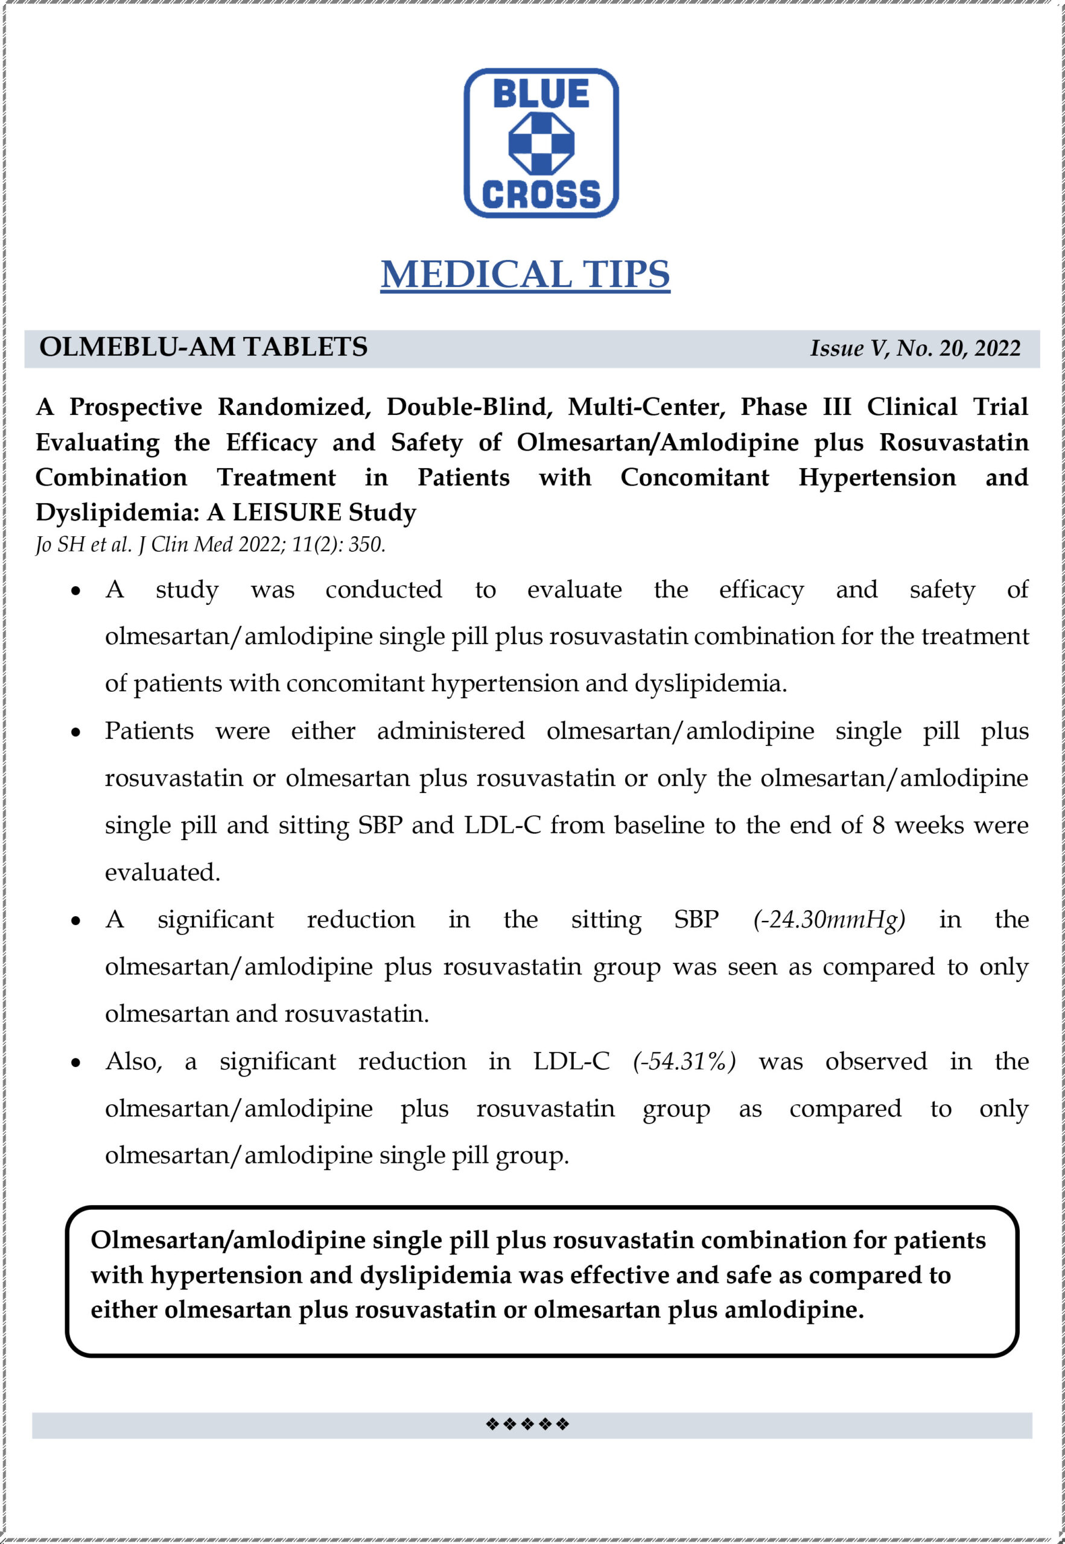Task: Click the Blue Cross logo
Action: point(541,143)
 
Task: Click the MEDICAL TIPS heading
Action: point(525,274)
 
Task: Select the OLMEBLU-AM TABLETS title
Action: point(203,347)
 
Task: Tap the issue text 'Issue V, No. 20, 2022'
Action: point(915,348)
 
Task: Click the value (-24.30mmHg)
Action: point(829,920)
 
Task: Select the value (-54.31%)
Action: point(684,1061)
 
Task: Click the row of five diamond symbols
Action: point(527,1424)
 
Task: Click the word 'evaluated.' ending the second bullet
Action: point(162,872)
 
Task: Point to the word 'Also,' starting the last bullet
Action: point(133,1061)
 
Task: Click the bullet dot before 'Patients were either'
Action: point(76,732)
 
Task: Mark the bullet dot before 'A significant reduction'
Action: point(76,921)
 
